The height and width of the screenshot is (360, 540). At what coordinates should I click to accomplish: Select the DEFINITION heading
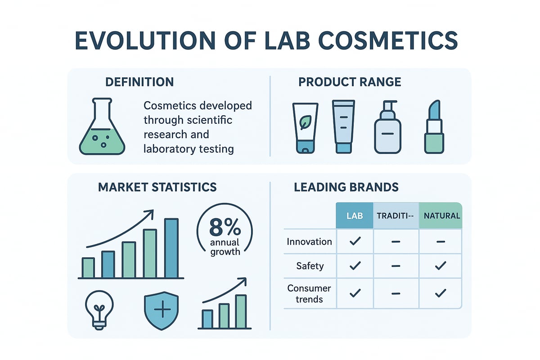coord(139,82)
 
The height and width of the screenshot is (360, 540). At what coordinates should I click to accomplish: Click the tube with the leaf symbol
coord(305,127)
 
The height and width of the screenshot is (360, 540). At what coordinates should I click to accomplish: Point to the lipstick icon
coord(434,127)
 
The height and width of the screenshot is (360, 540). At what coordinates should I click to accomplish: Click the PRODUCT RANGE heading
coord(350,82)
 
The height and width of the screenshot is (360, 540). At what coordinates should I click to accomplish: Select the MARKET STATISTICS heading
coord(157,187)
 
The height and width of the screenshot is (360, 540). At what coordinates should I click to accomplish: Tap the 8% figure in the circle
coord(225,229)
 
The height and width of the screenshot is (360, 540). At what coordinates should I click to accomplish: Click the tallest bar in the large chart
coord(171,248)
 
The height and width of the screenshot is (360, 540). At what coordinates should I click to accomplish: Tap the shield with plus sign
coord(160,311)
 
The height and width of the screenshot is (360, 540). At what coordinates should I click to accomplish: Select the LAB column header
coord(355,216)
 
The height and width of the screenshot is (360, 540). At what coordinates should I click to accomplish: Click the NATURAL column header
coord(440,216)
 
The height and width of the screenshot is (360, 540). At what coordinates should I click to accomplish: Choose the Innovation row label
coord(310,242)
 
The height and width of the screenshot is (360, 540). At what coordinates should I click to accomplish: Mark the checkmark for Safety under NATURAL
coord(440,266)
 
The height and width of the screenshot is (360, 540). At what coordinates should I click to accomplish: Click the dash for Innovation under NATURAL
coord(440,242)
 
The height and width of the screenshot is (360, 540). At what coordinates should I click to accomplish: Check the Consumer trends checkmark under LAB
coord(355,293)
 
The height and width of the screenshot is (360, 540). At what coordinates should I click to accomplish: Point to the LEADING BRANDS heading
coord(346,187)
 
